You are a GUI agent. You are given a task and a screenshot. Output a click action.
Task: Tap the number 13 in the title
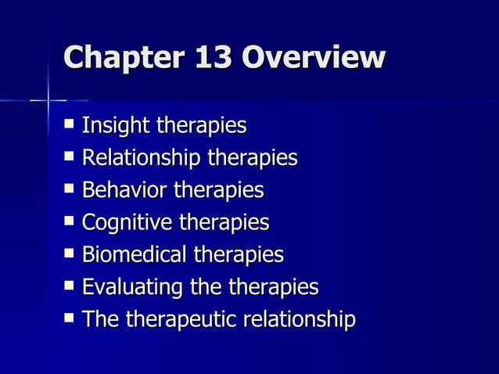(x=210, y=59)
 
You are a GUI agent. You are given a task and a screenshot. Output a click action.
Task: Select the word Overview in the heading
(x=314, y=59)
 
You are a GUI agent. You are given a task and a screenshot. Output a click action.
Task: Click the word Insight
(x=116, y=125)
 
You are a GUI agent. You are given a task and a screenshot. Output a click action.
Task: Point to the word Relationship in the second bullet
(x=142, y=158)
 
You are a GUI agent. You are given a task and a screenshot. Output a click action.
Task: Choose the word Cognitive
(x=127, y=223)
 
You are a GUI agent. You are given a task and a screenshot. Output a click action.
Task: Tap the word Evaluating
(x=131, y=287)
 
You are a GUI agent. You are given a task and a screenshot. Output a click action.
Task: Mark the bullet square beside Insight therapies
(x=70, y=124)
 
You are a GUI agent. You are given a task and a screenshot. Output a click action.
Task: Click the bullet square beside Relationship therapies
(x=70, y=156)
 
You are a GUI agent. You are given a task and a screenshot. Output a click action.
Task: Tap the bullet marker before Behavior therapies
(x=70, y=189)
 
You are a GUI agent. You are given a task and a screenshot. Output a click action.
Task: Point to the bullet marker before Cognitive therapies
(x=70, y=221)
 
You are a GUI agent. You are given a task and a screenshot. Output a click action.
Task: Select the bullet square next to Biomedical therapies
(x=70, y=254)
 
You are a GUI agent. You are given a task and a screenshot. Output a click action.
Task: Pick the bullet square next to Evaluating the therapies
(x=70, y=286)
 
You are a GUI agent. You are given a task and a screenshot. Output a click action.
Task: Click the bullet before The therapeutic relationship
(x=70, y=318)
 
